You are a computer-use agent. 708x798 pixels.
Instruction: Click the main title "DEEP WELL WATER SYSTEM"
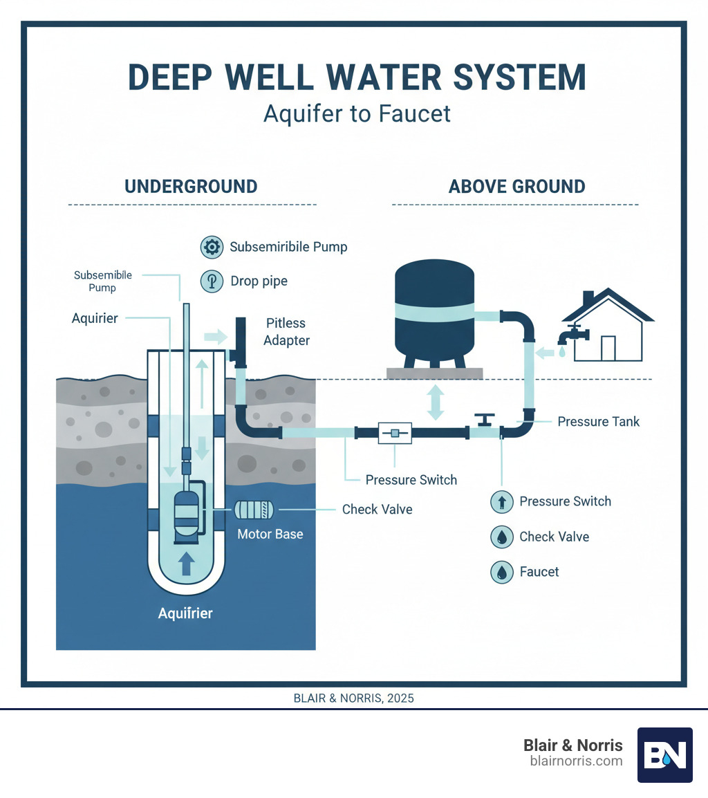[x=357, y=77]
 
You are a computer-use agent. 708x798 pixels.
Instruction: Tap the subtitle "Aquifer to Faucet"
[x=357, y=113]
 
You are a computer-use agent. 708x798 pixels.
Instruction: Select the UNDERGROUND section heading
[x=191, y=187]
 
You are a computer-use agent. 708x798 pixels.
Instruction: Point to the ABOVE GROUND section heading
[x=517, y=187]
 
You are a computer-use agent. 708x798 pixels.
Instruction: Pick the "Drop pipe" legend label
[x=259, y=281]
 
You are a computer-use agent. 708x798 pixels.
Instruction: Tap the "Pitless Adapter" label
[x=286, y=331]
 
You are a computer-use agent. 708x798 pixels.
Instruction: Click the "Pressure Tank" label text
[x=599, y=421]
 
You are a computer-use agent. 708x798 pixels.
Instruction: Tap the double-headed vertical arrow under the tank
[x=436, y=402]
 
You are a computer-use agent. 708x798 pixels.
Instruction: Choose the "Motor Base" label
[x=270, y=534]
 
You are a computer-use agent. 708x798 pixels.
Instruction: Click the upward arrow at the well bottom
[x=185, y=564]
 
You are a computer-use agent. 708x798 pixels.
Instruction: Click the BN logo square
[x=664, y=754]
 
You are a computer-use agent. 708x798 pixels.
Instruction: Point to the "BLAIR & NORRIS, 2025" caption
[x=354, y=698]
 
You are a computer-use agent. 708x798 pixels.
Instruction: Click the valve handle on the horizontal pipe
[x=485, y=419]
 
